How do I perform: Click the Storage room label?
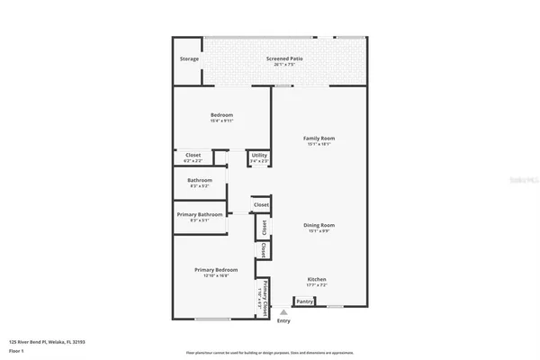[189, 59]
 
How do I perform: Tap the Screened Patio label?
[283, 59]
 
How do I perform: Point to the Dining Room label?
[320, 225]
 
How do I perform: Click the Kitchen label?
[317, 279]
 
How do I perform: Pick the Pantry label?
[305, 302]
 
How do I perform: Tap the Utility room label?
[259, 156]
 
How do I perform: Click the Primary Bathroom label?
[200, 214]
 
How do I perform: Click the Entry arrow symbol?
[283, 312]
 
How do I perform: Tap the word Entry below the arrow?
[283, 320]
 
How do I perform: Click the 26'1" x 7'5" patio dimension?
[283, 65]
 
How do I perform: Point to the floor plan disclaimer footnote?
[270, 352]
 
